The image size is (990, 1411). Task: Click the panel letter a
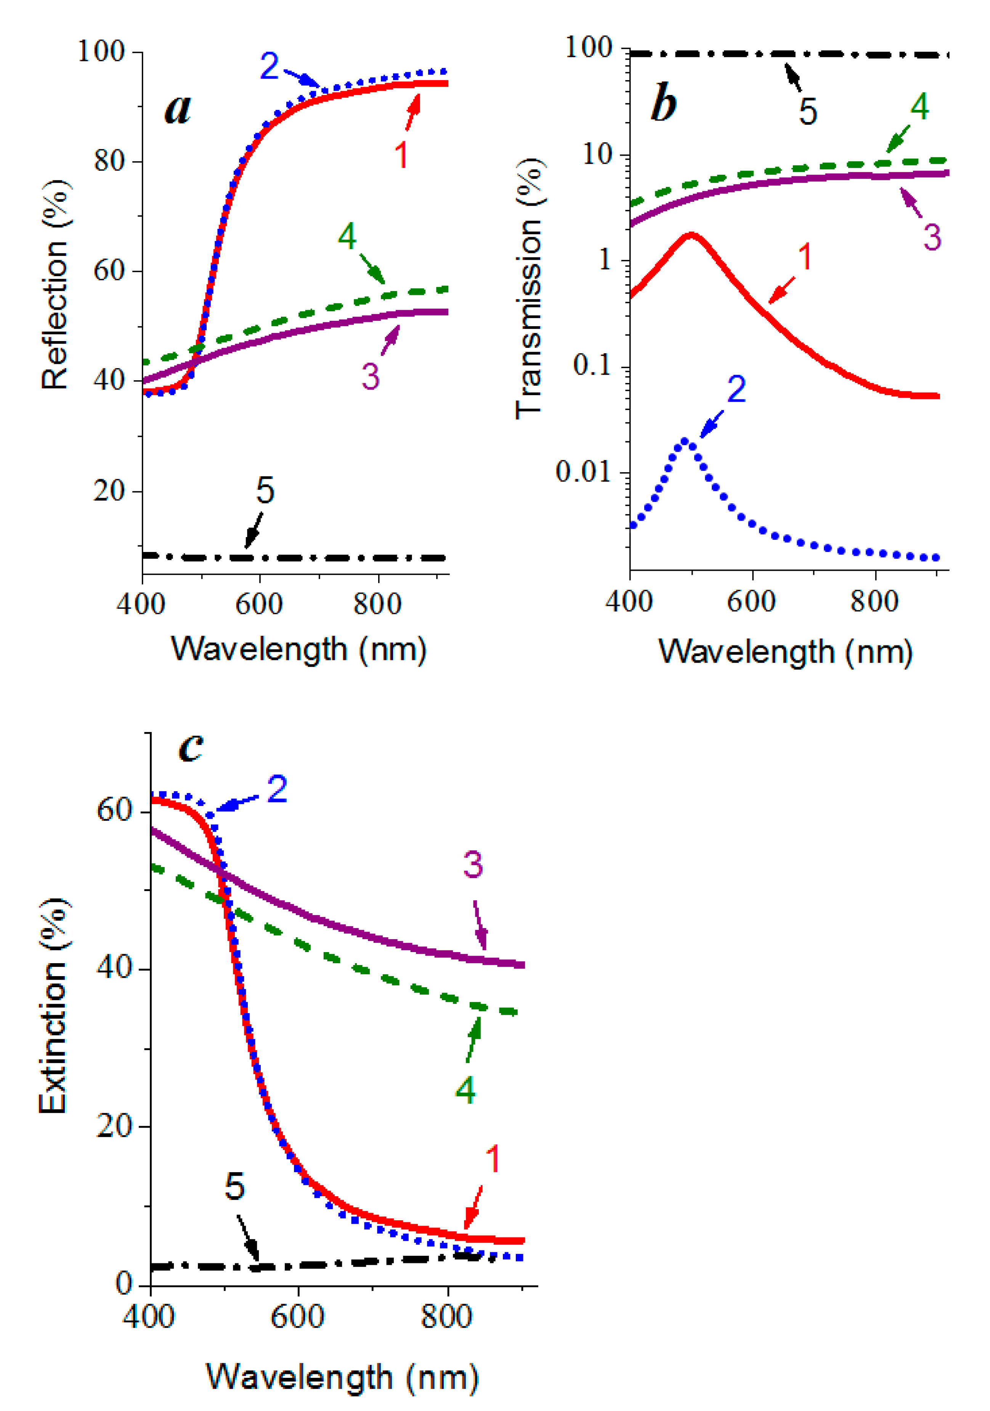pyautogui.click(x=178, y=109)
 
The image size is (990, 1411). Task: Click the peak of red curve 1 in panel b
pyautogui.click(x=692, y=235)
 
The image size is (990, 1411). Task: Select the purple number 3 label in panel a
pyautogui.click(x=370, y=376)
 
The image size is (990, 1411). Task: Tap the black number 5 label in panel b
pyautogui.click(x=808, y=112)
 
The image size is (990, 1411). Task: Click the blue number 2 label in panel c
pyautogui.click(x=277, y=790)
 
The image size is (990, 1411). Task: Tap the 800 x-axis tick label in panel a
pyautogui.click(x=377, y=604)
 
